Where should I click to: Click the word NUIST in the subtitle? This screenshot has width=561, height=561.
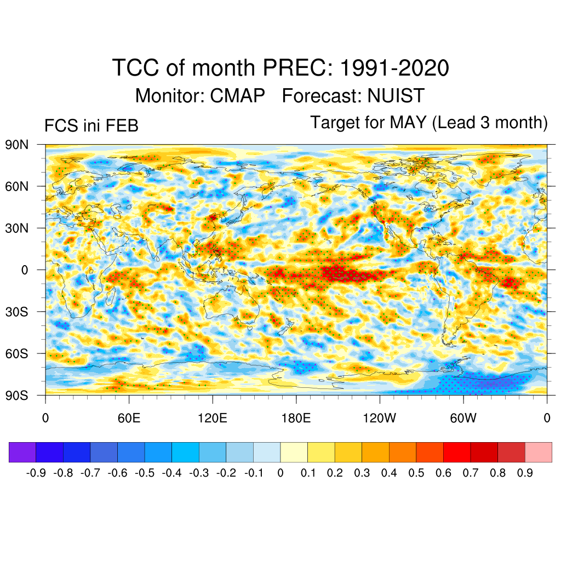(396, 96)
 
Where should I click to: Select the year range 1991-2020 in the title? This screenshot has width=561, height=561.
(394, 68)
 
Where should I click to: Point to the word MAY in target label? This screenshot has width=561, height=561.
(408, 122)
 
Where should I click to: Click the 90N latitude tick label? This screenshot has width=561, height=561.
(16, 145)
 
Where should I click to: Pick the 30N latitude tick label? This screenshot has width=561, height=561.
(16, 228)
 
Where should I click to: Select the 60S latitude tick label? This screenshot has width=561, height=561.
(16, 353)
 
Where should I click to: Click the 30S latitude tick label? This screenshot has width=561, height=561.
(16, 312)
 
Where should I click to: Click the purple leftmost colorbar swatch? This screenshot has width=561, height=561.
(22, 452)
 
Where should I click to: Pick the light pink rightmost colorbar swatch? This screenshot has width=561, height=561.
(538, 452)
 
